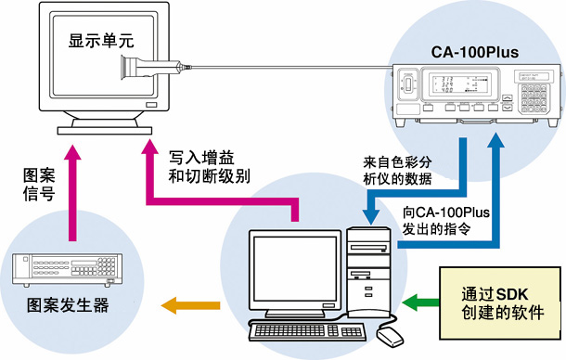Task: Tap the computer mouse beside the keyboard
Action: pos(392,335)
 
